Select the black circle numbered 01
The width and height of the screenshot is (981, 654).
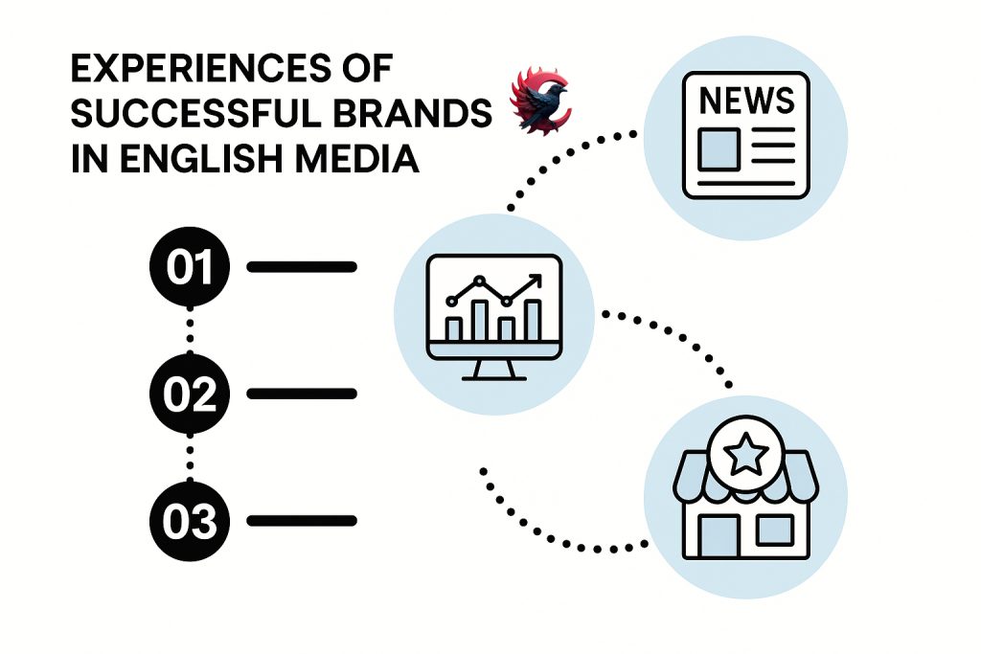190,267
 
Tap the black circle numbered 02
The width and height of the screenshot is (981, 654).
190,394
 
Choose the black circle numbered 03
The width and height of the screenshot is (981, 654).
190,521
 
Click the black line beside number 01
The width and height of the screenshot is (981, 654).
302,267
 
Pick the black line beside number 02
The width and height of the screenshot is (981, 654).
302,394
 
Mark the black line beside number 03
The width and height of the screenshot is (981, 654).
302,521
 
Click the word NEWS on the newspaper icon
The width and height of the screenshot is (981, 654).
746,100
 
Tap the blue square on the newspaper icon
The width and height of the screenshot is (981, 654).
719,149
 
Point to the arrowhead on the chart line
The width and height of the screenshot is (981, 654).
535,281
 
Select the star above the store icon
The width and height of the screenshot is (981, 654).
745,453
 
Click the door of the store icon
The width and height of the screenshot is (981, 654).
719,535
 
